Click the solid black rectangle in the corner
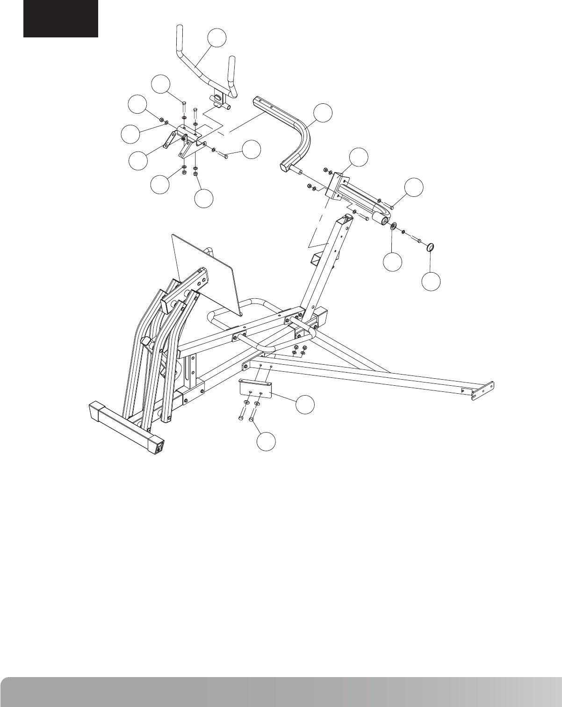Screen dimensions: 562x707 point(61,19)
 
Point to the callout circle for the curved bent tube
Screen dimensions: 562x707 point(323,114)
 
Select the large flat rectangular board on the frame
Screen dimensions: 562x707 point(206,271)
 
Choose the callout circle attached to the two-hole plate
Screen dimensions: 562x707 point(306,405)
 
